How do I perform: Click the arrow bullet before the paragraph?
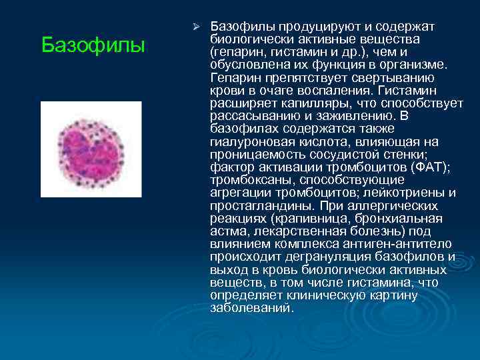click(196, 27)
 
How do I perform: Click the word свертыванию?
click(387, 77)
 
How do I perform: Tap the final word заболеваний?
click(251, 307)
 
